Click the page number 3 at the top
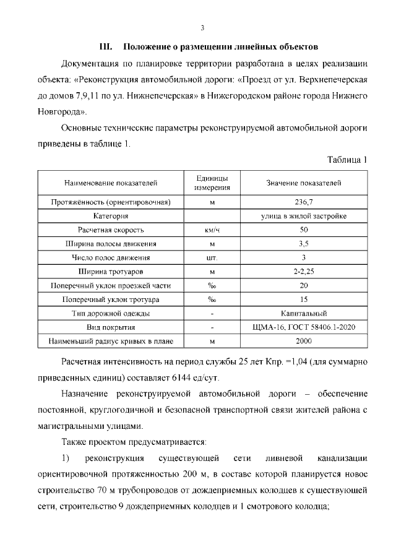pyautogui.click(x=202, y=27)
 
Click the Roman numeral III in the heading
pyautogui.click(x=105, y=46)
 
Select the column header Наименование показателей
pyautogui.click(x=111, y=183)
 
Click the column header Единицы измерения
pyautogui.click(x=212, y=183)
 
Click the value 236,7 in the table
pyautogui.click(x=303, y=202)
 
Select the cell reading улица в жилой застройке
pyautogui.click(x=303, y=216)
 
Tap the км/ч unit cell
pyautogui.click(x=212, y=230)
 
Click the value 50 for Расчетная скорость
pyautogui.click(x=303, y=230)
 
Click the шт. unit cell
pyautogui.click(x=212, y=257)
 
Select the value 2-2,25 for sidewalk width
pyautogui.click(x=303, y=272)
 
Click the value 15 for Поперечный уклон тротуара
pyautogui.click(x=303, y=299)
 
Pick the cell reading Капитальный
pyautogui.click(x=303, y=313)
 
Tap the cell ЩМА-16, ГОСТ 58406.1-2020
pyautogui.click(x=303, y=327)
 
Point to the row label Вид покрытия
pyautogui.click(x=111, y=327)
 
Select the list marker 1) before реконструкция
pyautogui.click(x=66, y=459)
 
